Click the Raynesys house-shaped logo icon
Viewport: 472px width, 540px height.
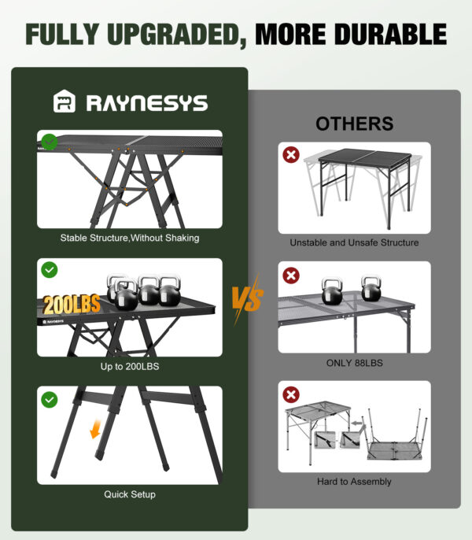click(x=65, y=102)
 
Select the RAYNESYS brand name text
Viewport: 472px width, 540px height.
click(x=147, y=102)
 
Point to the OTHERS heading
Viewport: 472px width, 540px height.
click(x=355, y=124)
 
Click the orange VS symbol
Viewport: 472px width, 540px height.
click(x=248, y=298)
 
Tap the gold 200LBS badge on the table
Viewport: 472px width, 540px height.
click(x=72, y=305)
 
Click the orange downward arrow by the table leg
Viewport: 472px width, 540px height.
click(x=95, y=429)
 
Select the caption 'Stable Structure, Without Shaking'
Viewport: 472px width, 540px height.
click(x=130, y=238)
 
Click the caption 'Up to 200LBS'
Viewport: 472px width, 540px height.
click(x=130, y=367)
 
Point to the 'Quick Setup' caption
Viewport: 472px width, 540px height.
click(x=130, y=494)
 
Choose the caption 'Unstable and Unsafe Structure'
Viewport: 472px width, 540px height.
click(x=354, y=242)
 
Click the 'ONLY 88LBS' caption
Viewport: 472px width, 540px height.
click(x=355, y=363)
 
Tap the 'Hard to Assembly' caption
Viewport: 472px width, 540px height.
click(x=354, y=482)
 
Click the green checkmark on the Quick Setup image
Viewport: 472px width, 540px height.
click(x=50, y=400)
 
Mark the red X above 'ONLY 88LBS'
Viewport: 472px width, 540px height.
click(x=291, y=276)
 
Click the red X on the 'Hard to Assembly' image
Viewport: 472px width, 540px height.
click(x=291, y=394)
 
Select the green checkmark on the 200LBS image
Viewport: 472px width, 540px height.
click(x=50, y=270)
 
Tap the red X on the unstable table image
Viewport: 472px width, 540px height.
click(x=291, y=155)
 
